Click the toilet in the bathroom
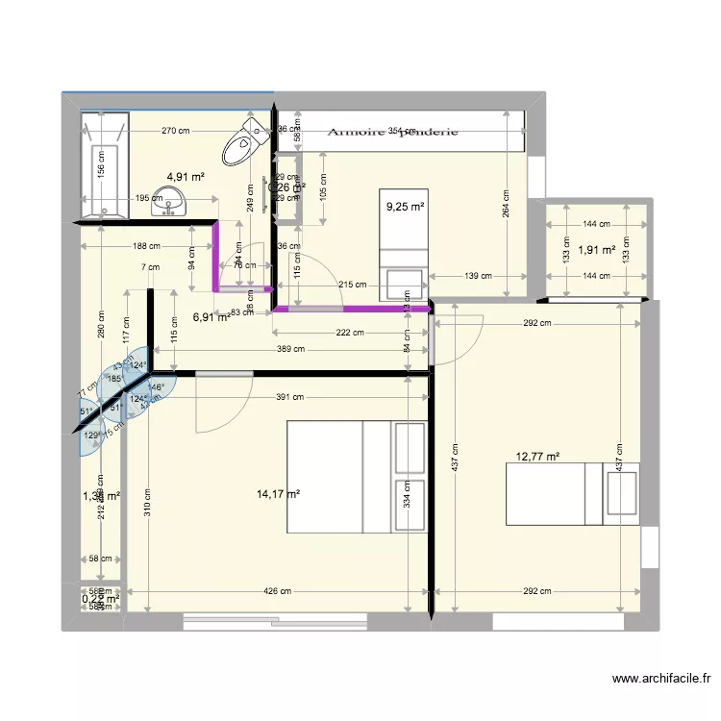245,145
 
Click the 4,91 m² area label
186,177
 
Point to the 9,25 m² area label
405,206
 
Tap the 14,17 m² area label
279,494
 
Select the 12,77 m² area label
538,458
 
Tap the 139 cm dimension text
478,276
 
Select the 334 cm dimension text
408,493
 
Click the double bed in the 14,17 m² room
356,476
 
